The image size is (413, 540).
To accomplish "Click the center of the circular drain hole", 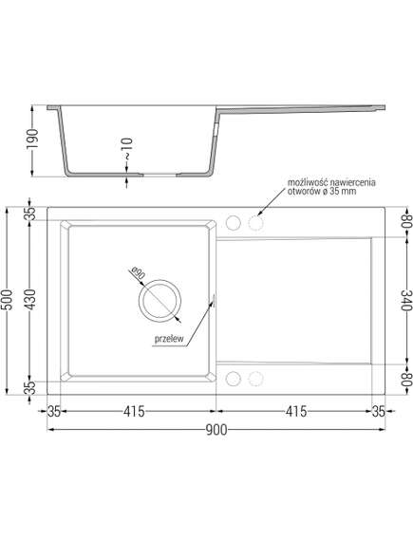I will tap(158, 301).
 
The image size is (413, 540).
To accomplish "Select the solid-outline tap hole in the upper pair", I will tap(234, 222).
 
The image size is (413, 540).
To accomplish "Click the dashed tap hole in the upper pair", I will tap(254, 222).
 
